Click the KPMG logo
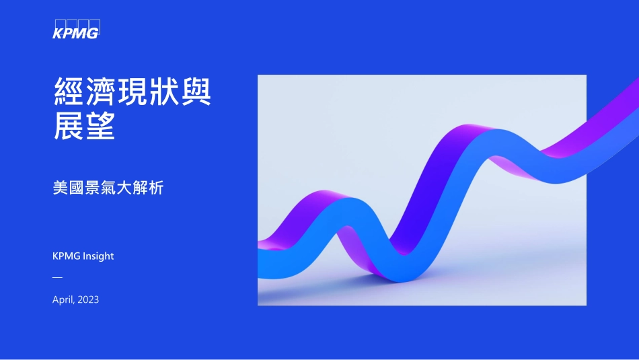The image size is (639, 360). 76,30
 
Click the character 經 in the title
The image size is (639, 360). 69,92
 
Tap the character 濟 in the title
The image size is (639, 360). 100,92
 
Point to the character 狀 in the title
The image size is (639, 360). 164,92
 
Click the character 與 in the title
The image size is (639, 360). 196,92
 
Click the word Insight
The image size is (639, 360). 98,256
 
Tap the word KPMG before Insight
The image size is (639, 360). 66,256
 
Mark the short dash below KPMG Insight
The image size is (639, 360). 57,277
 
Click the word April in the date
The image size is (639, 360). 64,299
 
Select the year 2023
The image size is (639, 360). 88,299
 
